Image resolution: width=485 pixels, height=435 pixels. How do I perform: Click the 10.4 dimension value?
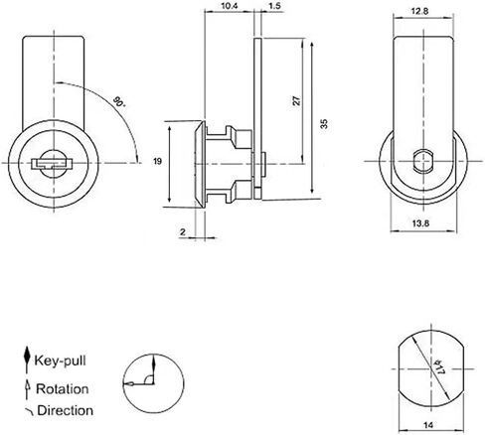point(230,6)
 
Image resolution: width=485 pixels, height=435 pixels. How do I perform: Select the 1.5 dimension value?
point(274,6)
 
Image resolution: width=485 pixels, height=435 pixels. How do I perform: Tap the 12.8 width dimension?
point(419,11)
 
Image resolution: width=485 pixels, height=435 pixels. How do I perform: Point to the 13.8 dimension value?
point(420,223)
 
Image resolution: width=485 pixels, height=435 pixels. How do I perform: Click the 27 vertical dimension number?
point(297,100)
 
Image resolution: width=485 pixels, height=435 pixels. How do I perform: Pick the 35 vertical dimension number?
point(324,124)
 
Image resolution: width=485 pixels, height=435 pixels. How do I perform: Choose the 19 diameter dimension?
point(158,161)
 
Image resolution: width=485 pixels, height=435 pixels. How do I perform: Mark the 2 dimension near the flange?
point(183,232)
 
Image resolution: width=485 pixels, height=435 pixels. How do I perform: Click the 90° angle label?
point(119,101)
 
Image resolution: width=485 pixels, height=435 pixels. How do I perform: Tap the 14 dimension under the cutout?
point(428,425)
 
